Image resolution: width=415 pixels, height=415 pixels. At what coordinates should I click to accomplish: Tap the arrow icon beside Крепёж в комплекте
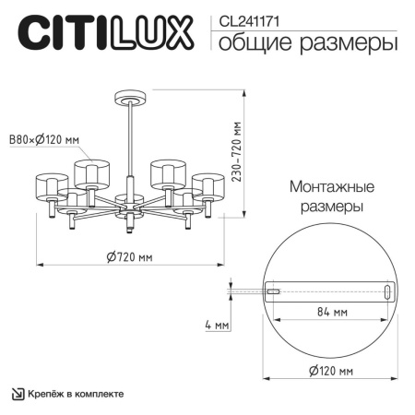[18, 394]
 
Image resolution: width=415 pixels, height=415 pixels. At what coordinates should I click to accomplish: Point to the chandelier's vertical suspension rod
[128, 138]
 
